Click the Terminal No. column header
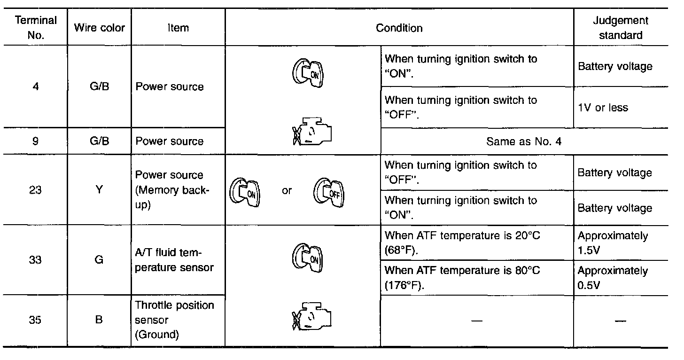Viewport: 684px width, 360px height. tap(36, 28)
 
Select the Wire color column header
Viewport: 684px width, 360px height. tap(99, 28)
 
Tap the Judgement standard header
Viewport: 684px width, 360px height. tap(621, 28)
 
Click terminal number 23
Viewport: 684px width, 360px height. tap(36, 190)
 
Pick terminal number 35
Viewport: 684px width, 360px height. tap(36, 321)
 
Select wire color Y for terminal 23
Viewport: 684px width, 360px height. tap(99, 190)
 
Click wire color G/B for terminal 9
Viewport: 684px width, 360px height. tap(99, 141)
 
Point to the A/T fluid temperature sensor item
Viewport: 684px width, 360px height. tap(174, 260)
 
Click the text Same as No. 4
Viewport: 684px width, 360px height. tap(524, 141)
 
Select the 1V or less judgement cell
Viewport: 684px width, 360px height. tap(603, 108)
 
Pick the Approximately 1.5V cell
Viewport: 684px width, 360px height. tap(613, 243)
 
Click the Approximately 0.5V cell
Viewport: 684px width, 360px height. tap(613, 278)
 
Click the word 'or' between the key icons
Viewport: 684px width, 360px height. tap(287, 191)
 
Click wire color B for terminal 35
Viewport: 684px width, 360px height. tap(99, 321)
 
